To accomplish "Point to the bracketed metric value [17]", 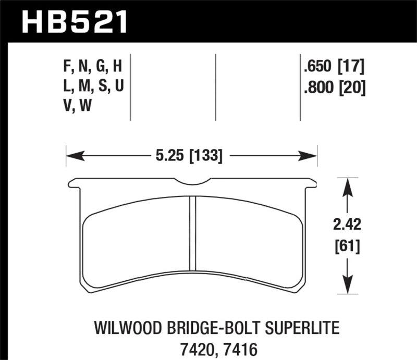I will (351, 67).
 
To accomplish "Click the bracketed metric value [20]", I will (351, 88).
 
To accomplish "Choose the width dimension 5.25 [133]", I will (191, 155).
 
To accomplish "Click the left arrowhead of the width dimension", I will (70, 155).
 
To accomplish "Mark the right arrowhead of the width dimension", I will (313, 155).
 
